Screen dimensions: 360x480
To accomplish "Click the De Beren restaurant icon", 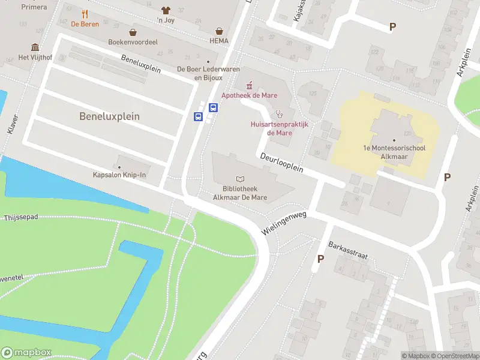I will coord(85,14).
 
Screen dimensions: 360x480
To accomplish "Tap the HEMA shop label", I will coord(220,41).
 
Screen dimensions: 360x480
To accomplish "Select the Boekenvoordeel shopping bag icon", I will coord(132,32).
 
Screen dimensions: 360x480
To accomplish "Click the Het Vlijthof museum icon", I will coord(35,47).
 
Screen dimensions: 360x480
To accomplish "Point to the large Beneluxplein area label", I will coord(109,116).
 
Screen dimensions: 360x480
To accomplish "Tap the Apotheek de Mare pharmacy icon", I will coord(249,86).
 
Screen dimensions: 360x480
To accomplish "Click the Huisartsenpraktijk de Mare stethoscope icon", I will coord(278,114).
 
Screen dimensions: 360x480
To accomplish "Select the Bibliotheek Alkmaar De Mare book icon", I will coord(241,179).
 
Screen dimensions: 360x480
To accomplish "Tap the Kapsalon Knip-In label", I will coord(119,175).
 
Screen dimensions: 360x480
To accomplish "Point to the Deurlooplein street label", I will coord(281,163).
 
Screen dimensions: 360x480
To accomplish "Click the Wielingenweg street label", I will coord(284,223).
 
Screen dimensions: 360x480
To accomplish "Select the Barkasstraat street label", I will coord(347,250).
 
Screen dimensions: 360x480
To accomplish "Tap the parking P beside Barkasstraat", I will coord(320,259).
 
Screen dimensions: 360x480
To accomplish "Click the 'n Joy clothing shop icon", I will coord(166,10).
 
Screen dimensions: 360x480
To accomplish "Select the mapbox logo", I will coord(26,352).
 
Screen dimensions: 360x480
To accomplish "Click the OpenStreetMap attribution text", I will coord(451,356).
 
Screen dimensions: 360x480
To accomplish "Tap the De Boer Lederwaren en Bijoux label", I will coord(200,73).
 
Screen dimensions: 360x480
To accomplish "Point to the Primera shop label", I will coord(34,7).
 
